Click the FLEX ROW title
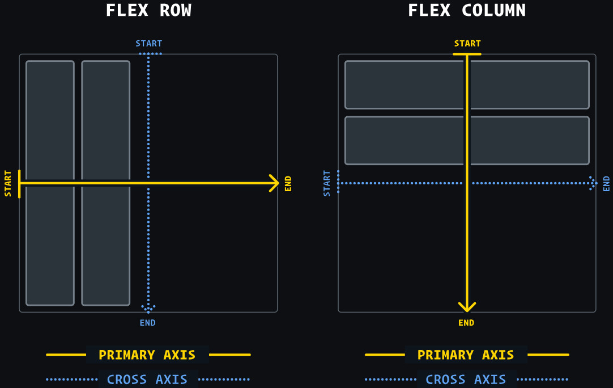[148, 11]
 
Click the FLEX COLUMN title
[467, 11]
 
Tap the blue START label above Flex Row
[148, 44]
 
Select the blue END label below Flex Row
[148, 323]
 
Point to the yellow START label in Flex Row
[8, 183]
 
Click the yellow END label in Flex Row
[288, 183]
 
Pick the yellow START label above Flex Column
[467, 44]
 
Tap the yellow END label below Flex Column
[466, 323]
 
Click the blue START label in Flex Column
[327, 183]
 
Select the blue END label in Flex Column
[607, 183]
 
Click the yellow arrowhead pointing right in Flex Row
[275, 183]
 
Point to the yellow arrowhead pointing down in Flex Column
[467, 307]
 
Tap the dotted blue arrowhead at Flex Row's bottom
[148, 308]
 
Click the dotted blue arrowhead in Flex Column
[592, 183]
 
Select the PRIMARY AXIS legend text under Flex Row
[147, 355]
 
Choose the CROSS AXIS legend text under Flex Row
[147, 379]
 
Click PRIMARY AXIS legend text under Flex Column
[466, 355]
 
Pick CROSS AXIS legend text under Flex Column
[466, 379]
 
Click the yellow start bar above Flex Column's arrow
[467, 54]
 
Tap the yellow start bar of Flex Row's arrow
[19, 184]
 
